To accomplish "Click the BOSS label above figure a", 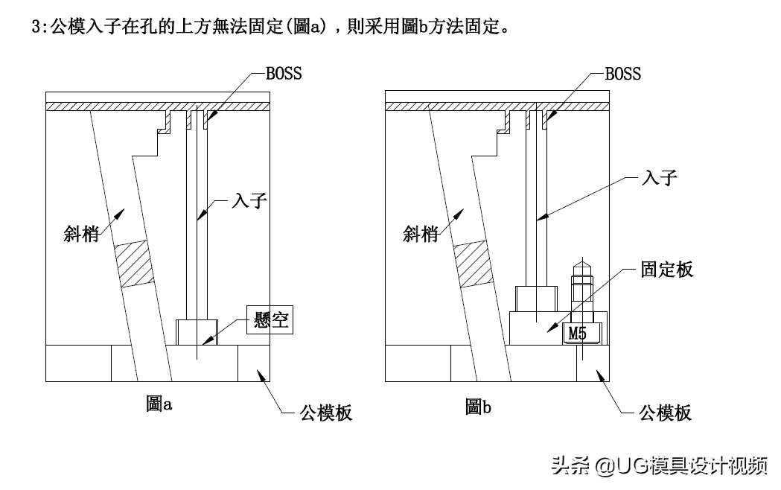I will coord(284,74).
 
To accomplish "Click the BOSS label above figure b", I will coord(622,74).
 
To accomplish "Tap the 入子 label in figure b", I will coord(659,178).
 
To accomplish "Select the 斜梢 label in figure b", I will coord(421,234).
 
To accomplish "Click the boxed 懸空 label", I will coord(267,321).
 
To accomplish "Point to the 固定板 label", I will coord(666,270).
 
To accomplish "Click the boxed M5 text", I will coord(578,334).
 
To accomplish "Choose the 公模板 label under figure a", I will coord(325,413).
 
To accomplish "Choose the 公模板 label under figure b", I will coord(665,413).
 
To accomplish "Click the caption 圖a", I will coord(159,405).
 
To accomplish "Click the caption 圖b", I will coord(478,407).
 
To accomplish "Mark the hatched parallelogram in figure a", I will coord(133,263).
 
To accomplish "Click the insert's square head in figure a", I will coord(197,331).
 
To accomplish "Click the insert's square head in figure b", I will coord(536,299).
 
